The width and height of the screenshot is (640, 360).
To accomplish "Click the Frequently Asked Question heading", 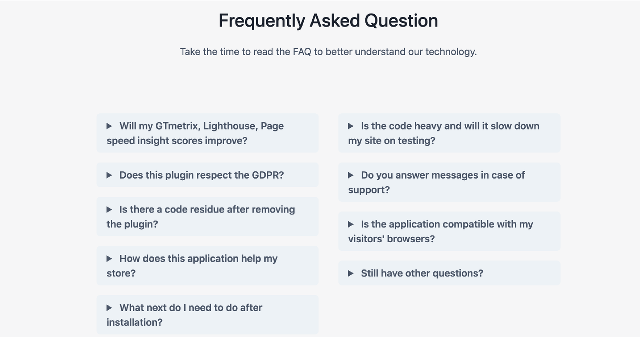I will coord(328,21).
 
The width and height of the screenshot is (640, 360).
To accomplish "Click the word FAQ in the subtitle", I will coord(302,52).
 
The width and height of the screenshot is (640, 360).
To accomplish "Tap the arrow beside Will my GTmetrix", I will coord(109,126).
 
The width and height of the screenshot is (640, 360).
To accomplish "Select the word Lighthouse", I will coord(230,126).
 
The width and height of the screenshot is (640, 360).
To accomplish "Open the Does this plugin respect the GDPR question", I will coord(201,175).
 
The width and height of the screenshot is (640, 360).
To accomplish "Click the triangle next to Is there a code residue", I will coord(109,210).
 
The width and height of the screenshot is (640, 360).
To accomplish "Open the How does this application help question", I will coord(198,259).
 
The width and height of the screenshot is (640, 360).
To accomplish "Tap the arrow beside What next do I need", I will coord(109,308).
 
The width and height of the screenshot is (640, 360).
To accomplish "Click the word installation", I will coord(133,322).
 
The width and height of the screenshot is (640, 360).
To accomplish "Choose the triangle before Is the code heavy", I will coord(351,126).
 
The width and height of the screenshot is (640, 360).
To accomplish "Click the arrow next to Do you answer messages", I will coord(351,175).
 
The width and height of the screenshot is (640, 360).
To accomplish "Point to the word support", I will coord(368,190).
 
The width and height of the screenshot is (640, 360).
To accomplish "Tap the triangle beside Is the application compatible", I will coord(351,224).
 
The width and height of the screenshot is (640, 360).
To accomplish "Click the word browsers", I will coord(414,239).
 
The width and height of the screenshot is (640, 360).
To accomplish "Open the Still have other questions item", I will coord(422,273).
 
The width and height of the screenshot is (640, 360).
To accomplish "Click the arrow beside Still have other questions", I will coord(351,273).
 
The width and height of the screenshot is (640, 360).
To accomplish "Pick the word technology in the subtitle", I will coord(450,52).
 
